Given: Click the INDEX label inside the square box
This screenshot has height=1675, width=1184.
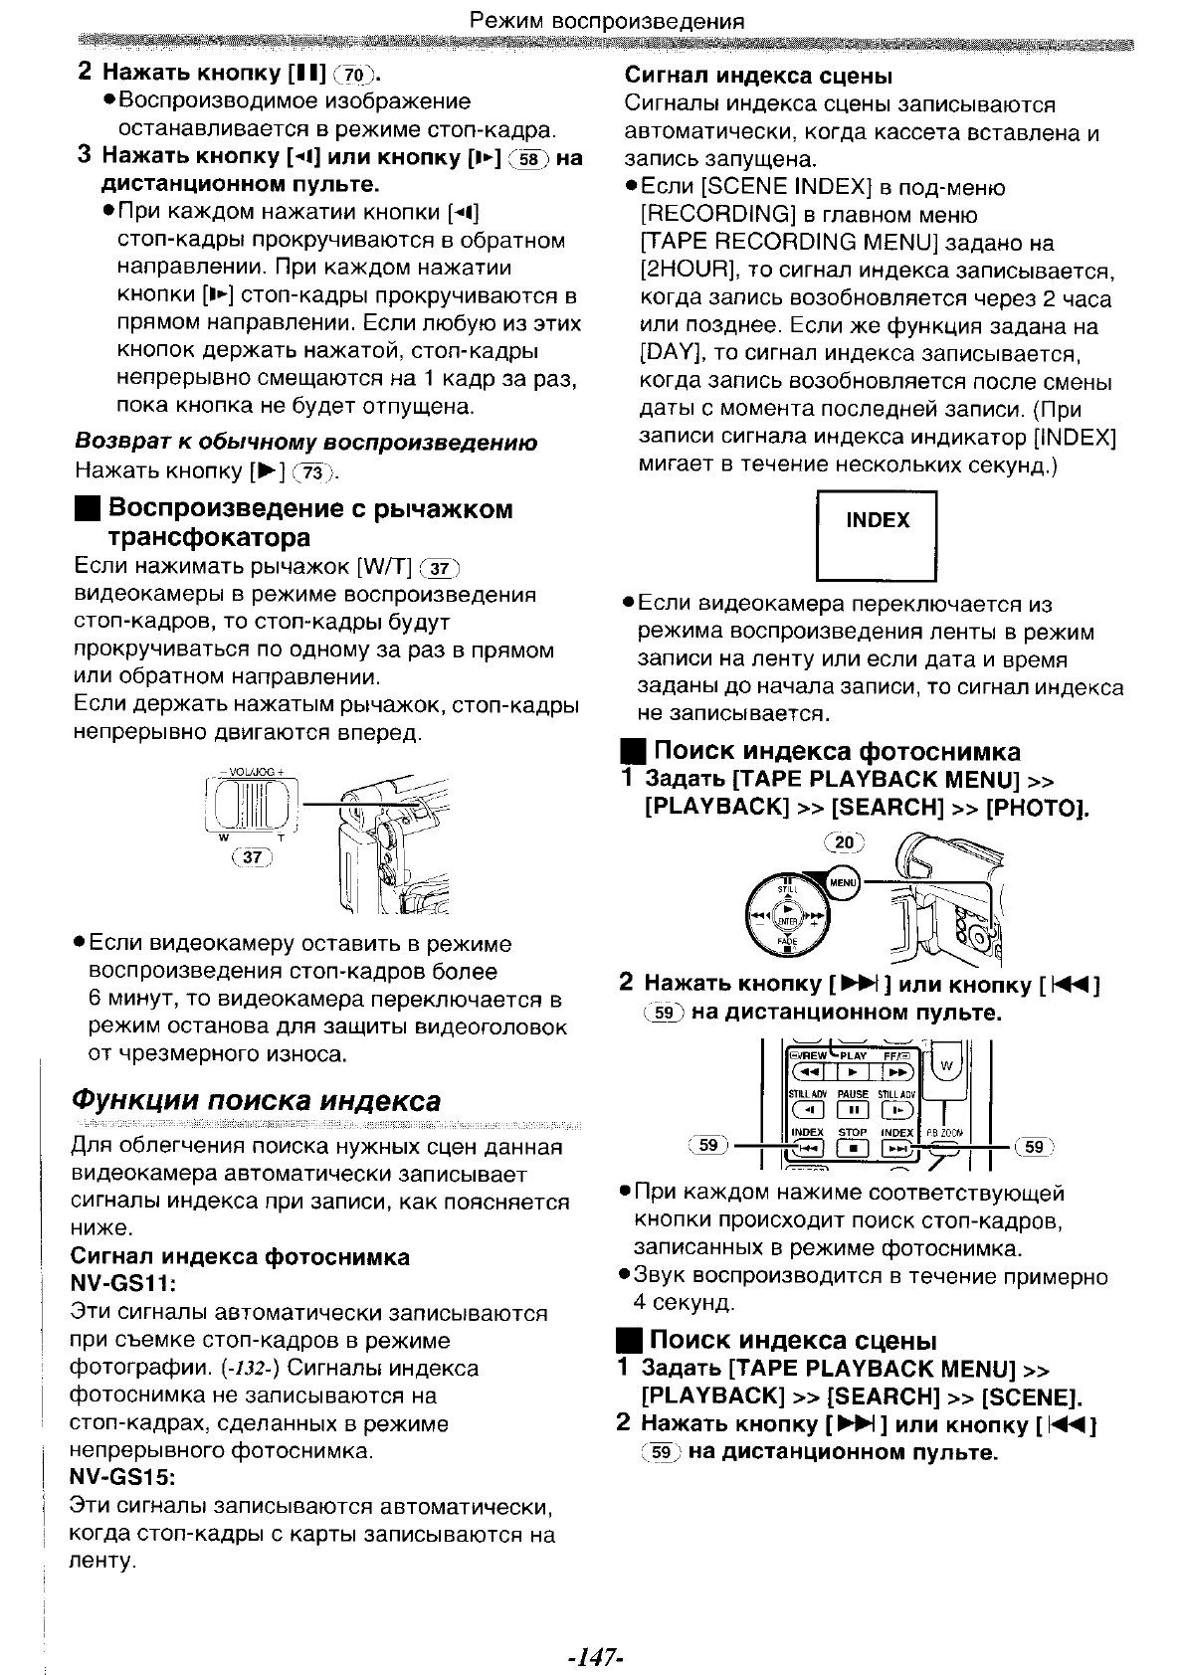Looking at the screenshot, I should (x=877, y=521).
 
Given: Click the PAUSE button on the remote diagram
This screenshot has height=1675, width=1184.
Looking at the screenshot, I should (x=853, y=1109).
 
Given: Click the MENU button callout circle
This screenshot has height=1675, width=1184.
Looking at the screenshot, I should (x=843, y=881).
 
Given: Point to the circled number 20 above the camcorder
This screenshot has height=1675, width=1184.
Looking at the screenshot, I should (x=845, y=842).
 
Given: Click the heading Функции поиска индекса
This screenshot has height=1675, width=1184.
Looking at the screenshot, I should (x=257, y=1101).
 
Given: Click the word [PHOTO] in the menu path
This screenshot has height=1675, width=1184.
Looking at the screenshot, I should (x=1036, y=806).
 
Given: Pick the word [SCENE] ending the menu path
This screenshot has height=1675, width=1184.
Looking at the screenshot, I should (x=1031, y=1396).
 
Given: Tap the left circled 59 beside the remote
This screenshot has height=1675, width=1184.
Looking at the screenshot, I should (x=708, y=1145).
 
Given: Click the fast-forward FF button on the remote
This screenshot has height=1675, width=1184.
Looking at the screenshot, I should (x=897, y=1072).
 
